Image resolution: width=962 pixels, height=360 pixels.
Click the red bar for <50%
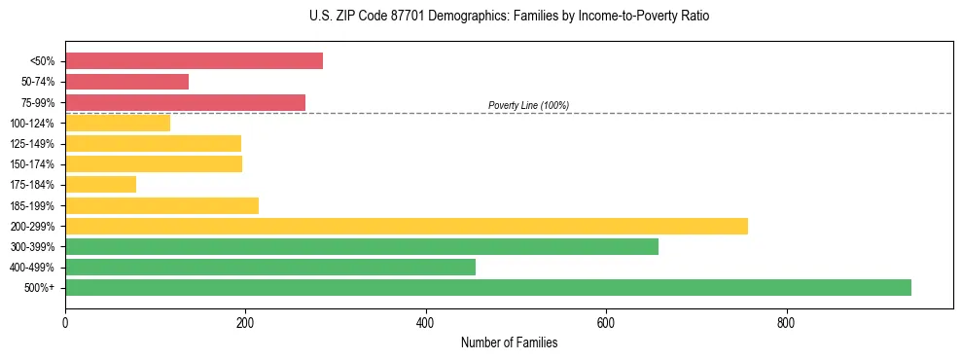click(194, 61)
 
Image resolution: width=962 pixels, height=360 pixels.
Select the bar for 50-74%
click(126, 82)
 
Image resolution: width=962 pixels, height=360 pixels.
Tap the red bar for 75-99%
click(185, 102)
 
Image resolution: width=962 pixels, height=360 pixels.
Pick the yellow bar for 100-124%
click(118, 123)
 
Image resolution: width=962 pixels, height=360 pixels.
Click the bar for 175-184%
click(100, 184)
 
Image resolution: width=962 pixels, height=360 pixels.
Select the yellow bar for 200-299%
click(406, 226)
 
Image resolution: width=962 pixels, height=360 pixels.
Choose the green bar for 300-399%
click(361, 246)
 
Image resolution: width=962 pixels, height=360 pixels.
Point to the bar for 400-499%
click(269, 267)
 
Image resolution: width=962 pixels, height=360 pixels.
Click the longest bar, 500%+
click(487, 287)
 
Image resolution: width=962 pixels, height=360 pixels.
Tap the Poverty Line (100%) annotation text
click(528, 105)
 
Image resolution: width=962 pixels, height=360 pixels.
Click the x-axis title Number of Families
click(509, 342)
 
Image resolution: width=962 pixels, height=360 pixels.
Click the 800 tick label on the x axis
click(786, 322)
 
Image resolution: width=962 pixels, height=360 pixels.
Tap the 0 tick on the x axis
click(65, 322)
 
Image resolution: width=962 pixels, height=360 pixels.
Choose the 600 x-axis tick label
click(606, 322)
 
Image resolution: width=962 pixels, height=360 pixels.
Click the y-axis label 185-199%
click(32, 205)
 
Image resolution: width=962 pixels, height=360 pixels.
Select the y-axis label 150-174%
click(32, 164)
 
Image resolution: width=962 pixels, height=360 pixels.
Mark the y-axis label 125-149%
click(32, 144)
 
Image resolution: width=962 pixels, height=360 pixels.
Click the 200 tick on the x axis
click(245, 322)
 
